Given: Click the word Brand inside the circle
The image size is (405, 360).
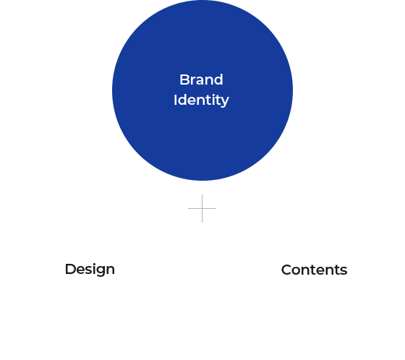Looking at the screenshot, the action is (x=201, y=80).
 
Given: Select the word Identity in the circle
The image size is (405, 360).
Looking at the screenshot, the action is (x=201, y=100).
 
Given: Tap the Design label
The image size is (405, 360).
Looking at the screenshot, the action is (x=90, y=270).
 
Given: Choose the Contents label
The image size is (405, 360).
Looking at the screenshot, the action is (x=314, y=270).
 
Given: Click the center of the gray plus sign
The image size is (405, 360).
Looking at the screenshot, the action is (x=202, y=208).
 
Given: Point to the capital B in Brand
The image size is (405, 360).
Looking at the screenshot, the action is (x=184, y=80).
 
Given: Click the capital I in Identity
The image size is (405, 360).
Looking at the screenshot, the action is (x=175, y=100).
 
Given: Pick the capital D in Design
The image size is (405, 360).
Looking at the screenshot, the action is (x=71, y=269).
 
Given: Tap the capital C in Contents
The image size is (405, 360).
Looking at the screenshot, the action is (x=286, y=270).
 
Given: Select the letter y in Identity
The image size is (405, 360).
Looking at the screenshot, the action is (x=225, y=103).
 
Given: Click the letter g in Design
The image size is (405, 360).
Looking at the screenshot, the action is (x=99, y=272).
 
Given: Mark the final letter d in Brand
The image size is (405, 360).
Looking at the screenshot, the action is (x=218, y=80).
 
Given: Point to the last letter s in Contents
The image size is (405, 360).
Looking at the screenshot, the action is (x=344, y=272).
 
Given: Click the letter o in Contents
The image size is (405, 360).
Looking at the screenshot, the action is (x=297, y=272).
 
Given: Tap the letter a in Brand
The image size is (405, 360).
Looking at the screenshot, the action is (x=200, y=81).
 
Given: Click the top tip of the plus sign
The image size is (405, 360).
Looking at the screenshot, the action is (x=202, y=194).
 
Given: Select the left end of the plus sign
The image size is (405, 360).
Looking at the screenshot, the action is (x=188, y=208).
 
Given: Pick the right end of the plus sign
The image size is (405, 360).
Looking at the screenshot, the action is (x=216, y=208).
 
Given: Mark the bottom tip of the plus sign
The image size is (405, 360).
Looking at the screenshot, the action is (x=202, y=222).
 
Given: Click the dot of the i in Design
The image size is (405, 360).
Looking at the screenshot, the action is (x=93, y=264).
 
